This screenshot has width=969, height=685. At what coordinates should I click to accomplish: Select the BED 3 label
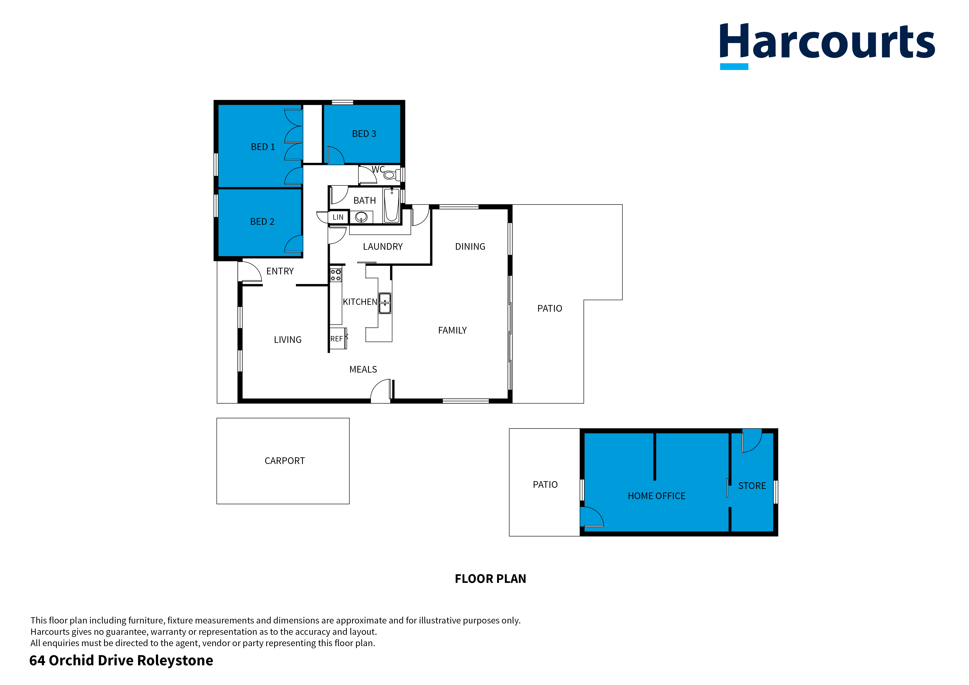(x=364, y=134)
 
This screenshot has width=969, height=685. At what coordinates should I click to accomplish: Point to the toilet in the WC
(x=391, y=174)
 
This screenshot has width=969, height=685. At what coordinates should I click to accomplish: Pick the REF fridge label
(x=336, y=339)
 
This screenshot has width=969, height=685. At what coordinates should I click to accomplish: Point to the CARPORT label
(x=285, y=461)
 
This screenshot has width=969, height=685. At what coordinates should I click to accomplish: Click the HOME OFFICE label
(x=656, y=496)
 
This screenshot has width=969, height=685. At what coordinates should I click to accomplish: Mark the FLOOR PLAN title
(x=490, y=579)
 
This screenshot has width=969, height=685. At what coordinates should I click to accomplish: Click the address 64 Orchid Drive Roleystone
(x=121, y=661)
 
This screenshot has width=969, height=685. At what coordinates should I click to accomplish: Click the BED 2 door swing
(x=294, y=244)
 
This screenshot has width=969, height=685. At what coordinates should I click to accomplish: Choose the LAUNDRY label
(x=382, y=246)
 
